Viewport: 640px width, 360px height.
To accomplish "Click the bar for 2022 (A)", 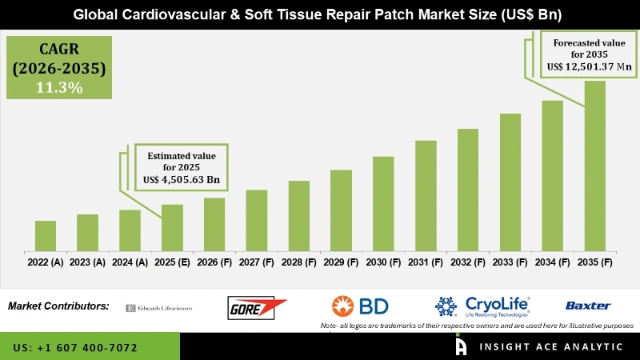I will (46, 235).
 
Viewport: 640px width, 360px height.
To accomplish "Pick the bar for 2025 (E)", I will (172, 227).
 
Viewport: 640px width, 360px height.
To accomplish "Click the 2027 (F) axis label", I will (257, 262).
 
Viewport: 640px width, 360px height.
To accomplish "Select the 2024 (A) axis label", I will (130, 262).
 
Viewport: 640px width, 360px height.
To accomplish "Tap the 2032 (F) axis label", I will (468, 262).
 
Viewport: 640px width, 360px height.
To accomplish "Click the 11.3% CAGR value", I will (59, 88).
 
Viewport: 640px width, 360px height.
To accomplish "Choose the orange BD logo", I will (359, 306).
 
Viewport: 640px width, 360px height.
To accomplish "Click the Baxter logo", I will (587, 306).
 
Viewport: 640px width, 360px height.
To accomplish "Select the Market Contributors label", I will (58, 306).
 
